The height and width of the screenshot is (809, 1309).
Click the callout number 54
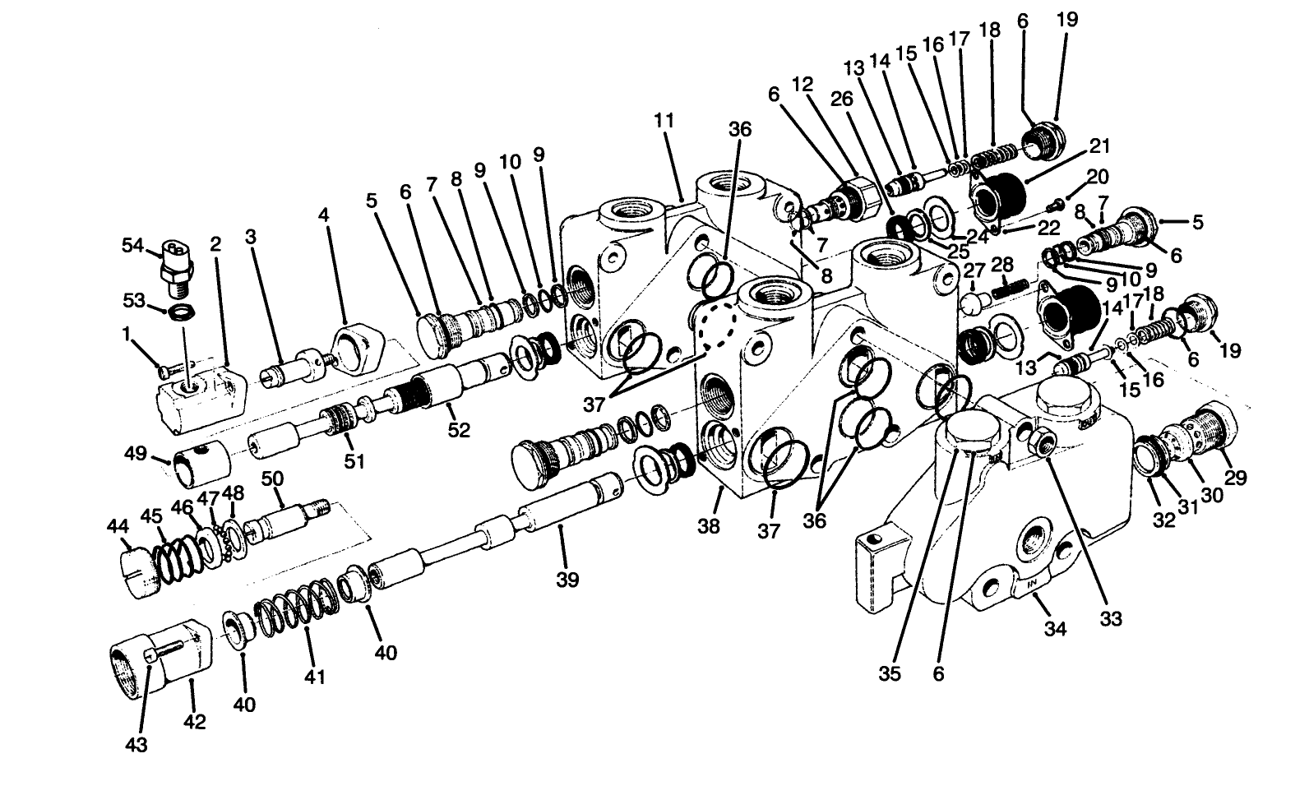[x=132, y=245]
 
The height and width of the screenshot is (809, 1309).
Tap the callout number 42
[x=195, y=721]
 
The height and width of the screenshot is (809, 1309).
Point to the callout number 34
[x=1055, y=629]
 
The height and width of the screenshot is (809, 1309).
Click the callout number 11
[x=664, y=121]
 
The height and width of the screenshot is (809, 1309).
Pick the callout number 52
[x=459, y=428]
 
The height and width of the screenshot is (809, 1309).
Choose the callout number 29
[x=1236, y=478]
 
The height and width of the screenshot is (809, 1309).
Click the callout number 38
[x=708, y=525]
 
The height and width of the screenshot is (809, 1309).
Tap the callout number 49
[x=135, y=453]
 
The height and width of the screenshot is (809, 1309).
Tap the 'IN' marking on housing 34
[x=1033, y=585]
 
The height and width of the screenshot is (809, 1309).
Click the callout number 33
[x=1111, y=618]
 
